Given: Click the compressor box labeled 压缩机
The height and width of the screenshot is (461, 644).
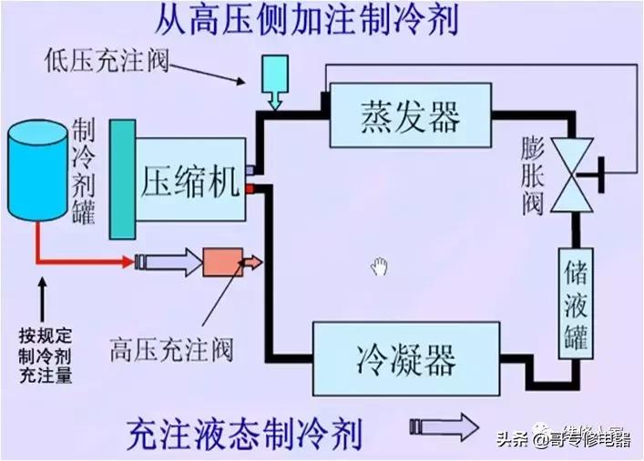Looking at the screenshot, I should pyautogui.click(x=191, y=180).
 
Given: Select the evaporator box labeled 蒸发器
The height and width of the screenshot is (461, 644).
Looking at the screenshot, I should pyautogui.click(x=411, y=116).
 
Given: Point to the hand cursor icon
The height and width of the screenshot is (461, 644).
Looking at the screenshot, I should pyautogui.click(x=380, y=266).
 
